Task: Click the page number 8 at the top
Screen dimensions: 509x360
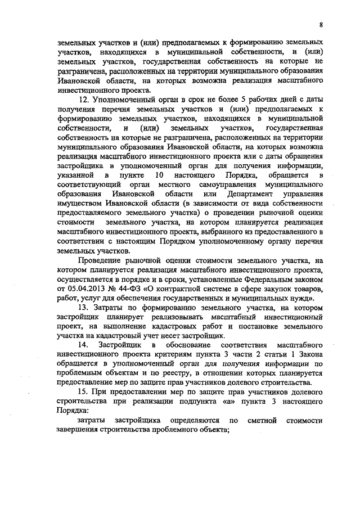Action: tap(321, 25)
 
